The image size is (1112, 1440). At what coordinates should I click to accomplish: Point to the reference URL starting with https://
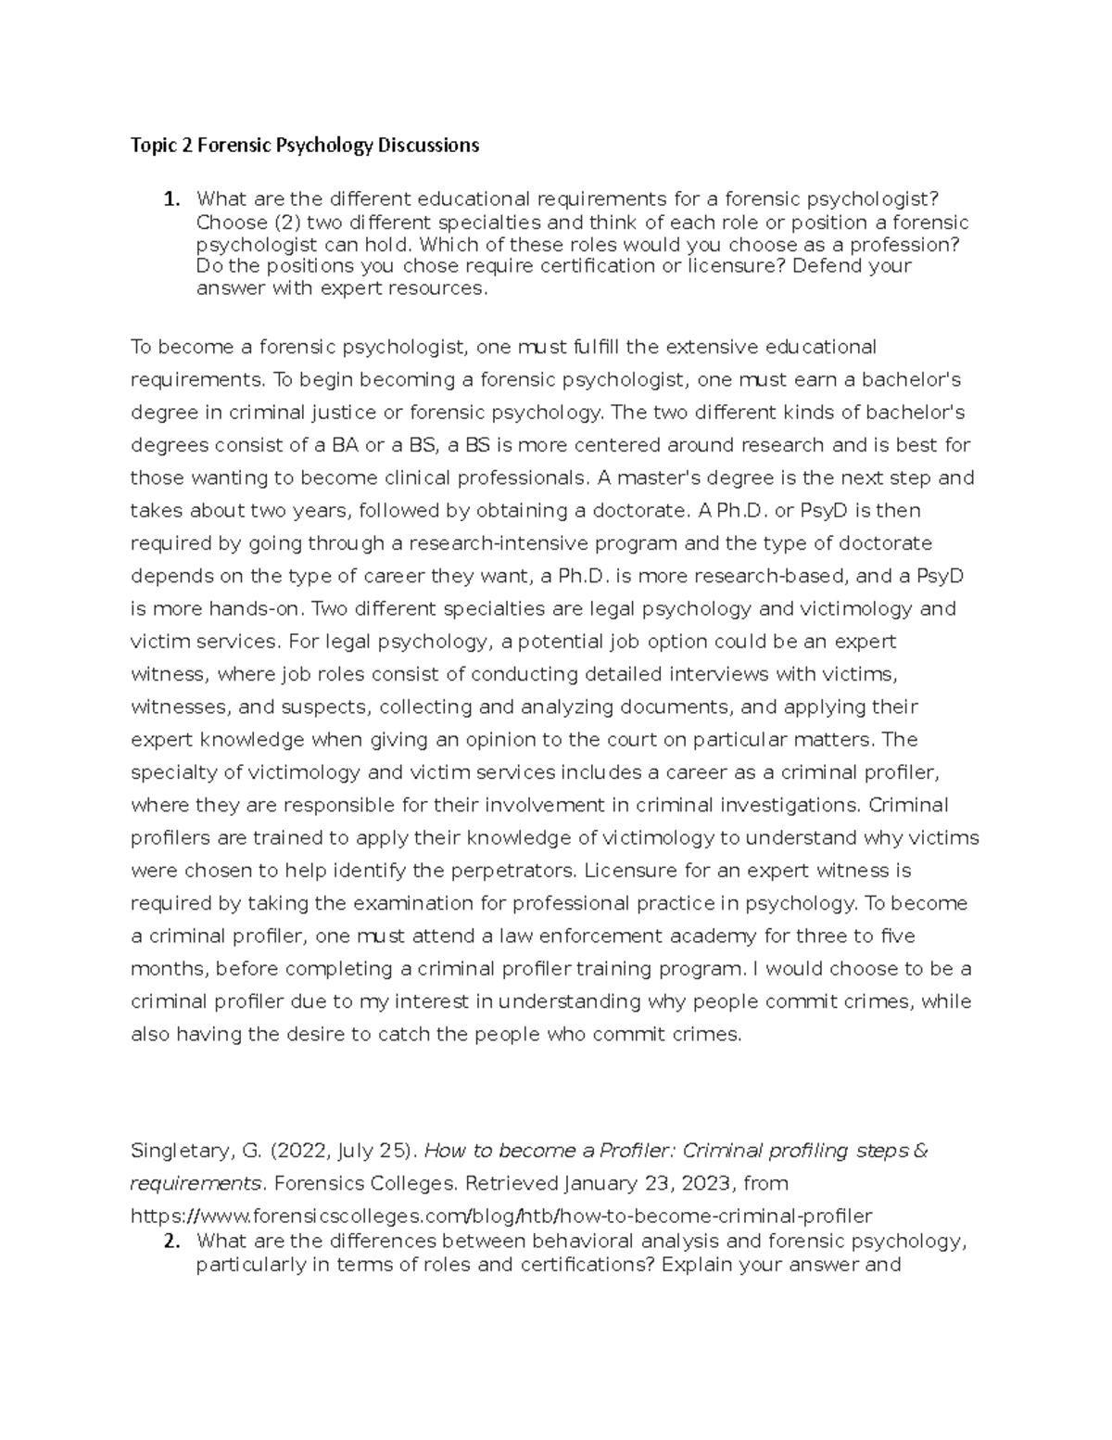pos(500,1216)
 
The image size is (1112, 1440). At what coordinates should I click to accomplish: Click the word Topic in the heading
pos(152,145)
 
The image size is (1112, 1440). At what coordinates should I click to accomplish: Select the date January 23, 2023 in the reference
pos(643,1184)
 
